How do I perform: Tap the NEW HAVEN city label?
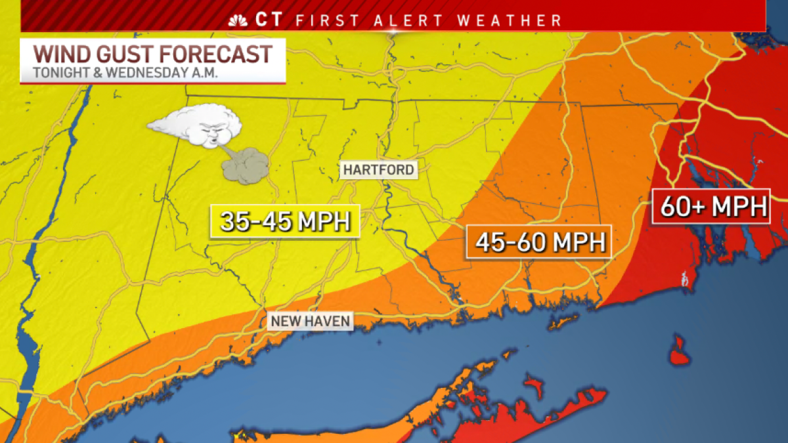coord(310,322)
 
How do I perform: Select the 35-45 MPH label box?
coord(284,222)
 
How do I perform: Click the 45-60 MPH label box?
coord(539,242)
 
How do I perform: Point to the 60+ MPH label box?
coord(711,207)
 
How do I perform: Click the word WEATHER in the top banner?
coord(510,20)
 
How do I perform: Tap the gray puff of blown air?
coord(245,165)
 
